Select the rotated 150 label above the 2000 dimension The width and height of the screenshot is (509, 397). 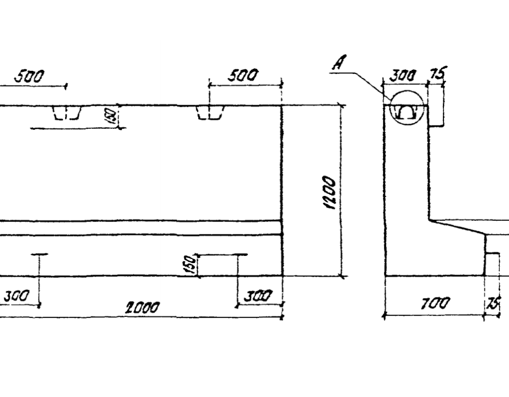pos(192,265)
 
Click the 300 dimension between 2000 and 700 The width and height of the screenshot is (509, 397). pos(258,296)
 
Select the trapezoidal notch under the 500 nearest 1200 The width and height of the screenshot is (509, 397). pos(210,112)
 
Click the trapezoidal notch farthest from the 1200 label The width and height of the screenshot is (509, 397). pos(67,113)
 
